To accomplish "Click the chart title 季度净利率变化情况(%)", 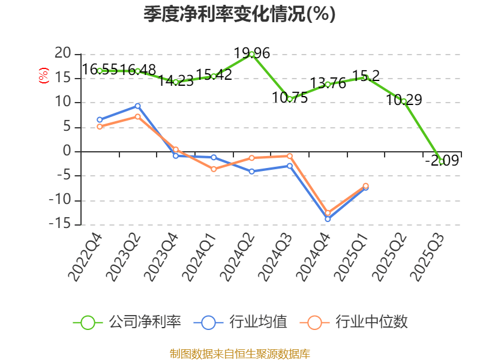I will click(239, 13).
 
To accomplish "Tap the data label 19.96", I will click(252, 53).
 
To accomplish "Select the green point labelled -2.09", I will click(442, 161).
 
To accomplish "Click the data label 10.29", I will click(404, 100).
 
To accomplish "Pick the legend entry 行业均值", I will click(241, 322).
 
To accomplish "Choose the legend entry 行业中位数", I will click(358, 322).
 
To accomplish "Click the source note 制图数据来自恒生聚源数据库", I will click(239, 353).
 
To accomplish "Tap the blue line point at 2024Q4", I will click(328, 219).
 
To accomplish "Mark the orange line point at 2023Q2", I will click(137, 116).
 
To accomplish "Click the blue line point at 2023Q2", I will click(137, 106).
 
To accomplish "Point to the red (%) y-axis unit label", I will click(43, 76).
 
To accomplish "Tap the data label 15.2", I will click(365, 76).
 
